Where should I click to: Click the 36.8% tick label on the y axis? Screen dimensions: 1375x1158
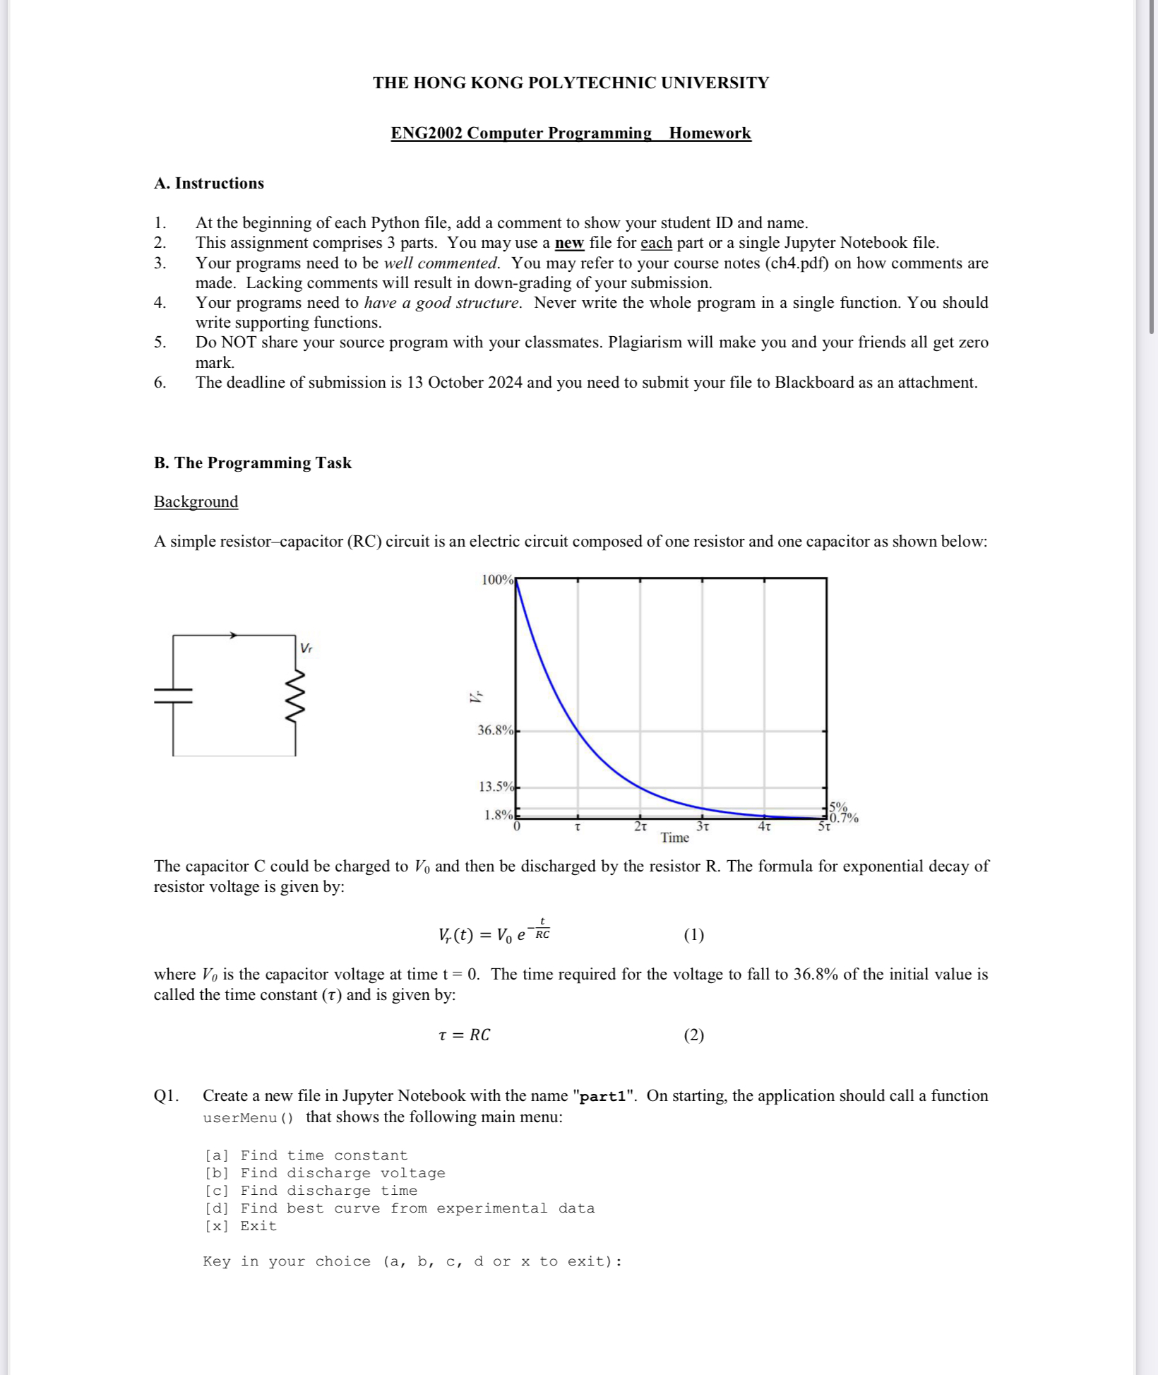click(x=495, y=730)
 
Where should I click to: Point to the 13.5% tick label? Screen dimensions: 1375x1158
click(x=495, y=787)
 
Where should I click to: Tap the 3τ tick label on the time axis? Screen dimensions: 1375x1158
click(x=703, y=826)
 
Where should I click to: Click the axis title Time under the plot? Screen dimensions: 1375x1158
click(x=674, y=838)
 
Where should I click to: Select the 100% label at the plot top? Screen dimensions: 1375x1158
click(x=497, y=580)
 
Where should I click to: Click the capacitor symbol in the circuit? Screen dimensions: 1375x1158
click(x=173, y=696)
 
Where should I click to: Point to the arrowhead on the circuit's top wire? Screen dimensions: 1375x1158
click(x=233, y=636)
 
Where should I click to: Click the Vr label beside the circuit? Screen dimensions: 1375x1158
click(x=306, y=648)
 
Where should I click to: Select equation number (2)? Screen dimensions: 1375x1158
click(x=693, y=1035)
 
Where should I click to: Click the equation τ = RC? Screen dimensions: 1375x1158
click(x=464, y=1035)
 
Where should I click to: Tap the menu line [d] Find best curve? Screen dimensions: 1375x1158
click(x=399, y=1208)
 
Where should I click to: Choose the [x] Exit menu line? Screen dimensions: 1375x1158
click(x=240, y=1226)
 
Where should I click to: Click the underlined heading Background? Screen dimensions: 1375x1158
click(x=196, y=501)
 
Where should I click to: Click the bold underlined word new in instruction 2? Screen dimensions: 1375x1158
click(x=569, y=243)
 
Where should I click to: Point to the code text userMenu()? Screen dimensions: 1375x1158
click(x=247, y=1118)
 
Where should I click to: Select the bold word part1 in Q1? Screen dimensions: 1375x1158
click(x=607, y=1096)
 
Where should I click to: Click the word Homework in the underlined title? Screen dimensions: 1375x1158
click(x=710, y=133)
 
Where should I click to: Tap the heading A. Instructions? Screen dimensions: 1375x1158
click(x=209, y=183)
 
